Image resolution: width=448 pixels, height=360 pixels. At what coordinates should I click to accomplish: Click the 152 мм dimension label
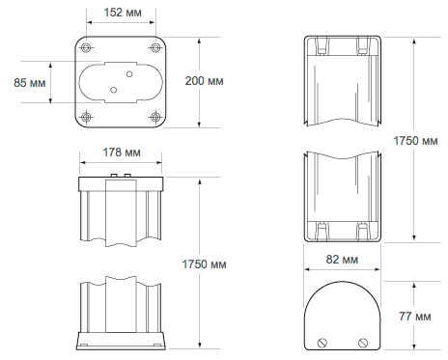coord(123,13)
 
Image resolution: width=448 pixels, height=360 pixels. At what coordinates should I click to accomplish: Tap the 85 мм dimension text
coord(30,83)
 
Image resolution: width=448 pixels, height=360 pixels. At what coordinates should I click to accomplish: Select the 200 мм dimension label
coord(204,81)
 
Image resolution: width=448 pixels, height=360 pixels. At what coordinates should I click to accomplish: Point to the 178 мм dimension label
coord(122,152)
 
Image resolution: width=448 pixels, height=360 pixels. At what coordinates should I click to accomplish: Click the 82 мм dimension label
coord(342,260)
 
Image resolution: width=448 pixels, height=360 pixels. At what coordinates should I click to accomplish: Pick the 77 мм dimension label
coord(415,317)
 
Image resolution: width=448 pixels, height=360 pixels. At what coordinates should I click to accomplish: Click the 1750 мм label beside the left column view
coord(204,264)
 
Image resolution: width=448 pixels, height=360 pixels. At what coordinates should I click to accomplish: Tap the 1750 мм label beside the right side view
coord(415,141)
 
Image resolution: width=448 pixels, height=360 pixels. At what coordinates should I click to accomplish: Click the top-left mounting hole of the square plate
coord(86,48)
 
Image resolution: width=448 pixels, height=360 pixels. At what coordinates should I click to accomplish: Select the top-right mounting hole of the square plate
coord(155,48)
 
